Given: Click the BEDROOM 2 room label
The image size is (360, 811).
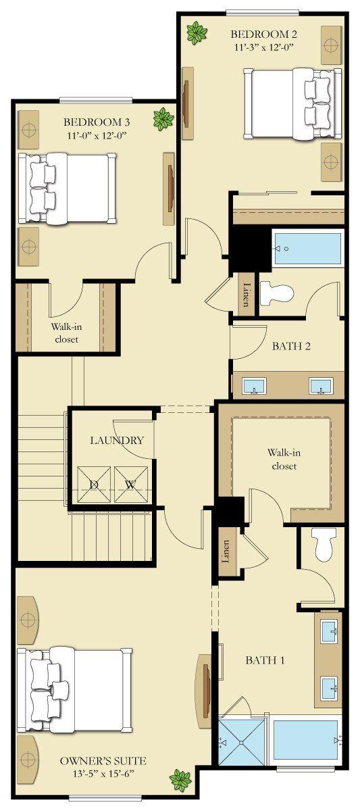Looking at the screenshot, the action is [x=264, y=34].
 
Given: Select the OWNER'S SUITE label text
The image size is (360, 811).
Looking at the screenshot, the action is [x=103, y=761].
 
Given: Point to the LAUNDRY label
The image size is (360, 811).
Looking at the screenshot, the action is [x=117, y=440].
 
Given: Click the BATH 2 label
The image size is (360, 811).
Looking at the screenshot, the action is [x=291, y=346].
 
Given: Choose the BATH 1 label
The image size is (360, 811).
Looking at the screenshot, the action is [x=265, y=660].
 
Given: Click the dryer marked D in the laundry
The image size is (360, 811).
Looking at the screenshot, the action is [x=94, y=485].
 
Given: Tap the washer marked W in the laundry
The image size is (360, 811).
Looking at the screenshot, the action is [x=131, y=485].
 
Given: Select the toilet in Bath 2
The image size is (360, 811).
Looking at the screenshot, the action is [x=276, y=293].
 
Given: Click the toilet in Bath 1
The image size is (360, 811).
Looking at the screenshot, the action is [x=324, y=544].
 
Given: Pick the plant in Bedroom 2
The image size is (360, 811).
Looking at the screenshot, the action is [x=197, y=33].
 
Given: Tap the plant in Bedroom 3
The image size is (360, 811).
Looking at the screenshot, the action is [x=163, y=119].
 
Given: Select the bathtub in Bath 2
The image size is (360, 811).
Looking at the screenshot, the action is [x=307, y=249].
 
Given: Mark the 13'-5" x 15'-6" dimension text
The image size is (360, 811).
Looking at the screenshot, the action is [x=103, y=774].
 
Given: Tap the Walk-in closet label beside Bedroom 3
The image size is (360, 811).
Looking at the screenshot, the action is [x=67, y=333].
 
